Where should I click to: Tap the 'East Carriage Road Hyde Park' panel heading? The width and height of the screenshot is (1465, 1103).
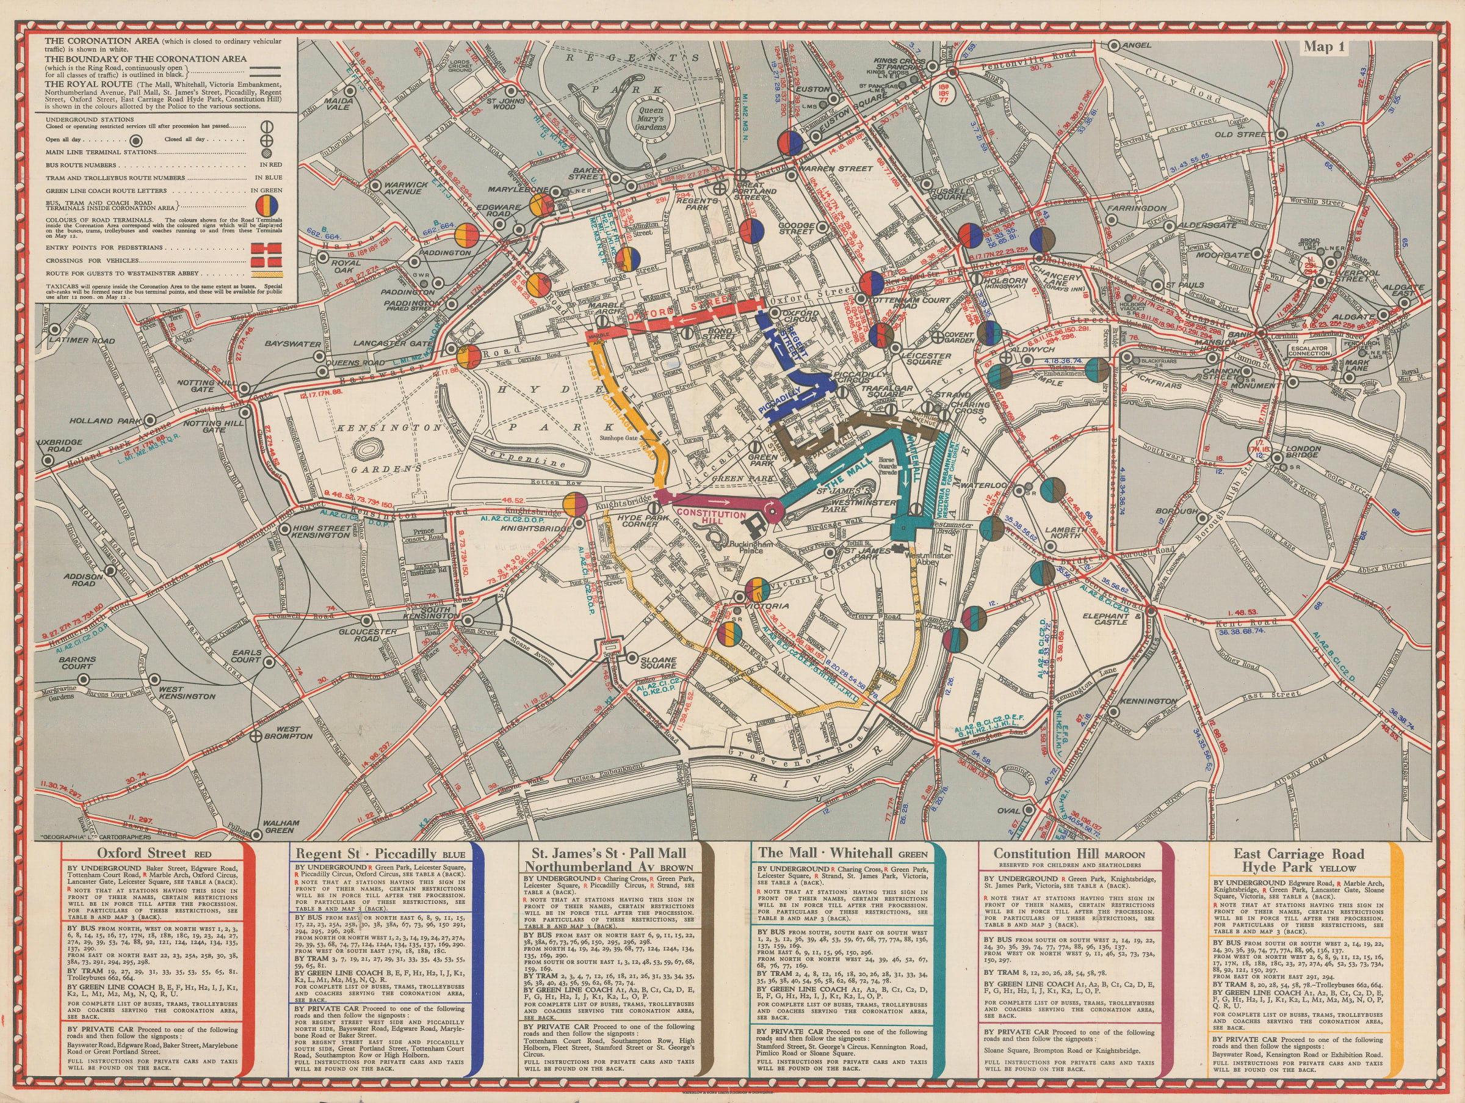point(1298,860)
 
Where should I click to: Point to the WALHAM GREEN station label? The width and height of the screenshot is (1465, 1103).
point(281,826)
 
